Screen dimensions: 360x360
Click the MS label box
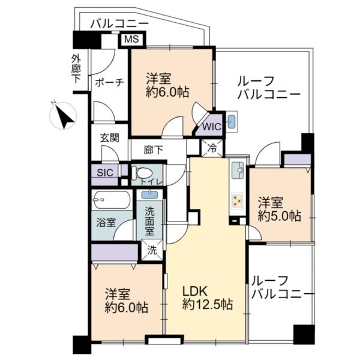132,39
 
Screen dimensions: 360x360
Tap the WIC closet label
211,127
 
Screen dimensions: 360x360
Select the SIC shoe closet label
105,172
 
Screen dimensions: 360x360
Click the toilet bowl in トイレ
143,173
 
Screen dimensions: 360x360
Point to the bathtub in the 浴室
112,200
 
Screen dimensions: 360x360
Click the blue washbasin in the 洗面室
149,194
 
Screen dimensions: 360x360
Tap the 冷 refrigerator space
212,148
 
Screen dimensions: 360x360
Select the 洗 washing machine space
152,250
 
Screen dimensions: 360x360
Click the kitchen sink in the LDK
238,170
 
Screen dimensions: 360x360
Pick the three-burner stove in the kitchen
237,200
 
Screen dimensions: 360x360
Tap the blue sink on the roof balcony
232,121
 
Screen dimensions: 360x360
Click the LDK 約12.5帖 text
208,298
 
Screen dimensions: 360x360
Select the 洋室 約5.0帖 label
279,209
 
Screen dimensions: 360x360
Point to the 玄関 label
110,138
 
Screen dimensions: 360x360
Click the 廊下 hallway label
154,150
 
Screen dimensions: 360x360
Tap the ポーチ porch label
109,82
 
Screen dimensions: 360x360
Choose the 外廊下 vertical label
76,69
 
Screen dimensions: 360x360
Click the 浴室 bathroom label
106,223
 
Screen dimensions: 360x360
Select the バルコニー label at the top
119,23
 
